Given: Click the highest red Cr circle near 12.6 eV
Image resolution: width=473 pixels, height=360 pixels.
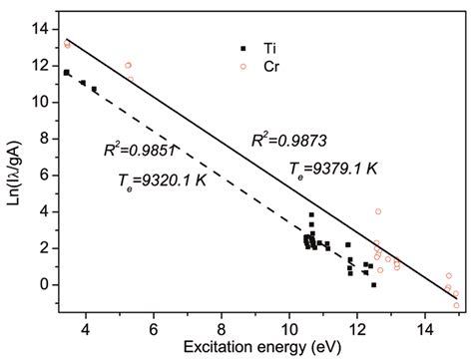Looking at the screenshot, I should coord(377,211).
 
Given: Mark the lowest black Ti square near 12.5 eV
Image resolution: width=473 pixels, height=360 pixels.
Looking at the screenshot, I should coord(373,285).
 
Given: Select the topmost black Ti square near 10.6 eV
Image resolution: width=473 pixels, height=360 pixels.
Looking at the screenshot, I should coord(311,215).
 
